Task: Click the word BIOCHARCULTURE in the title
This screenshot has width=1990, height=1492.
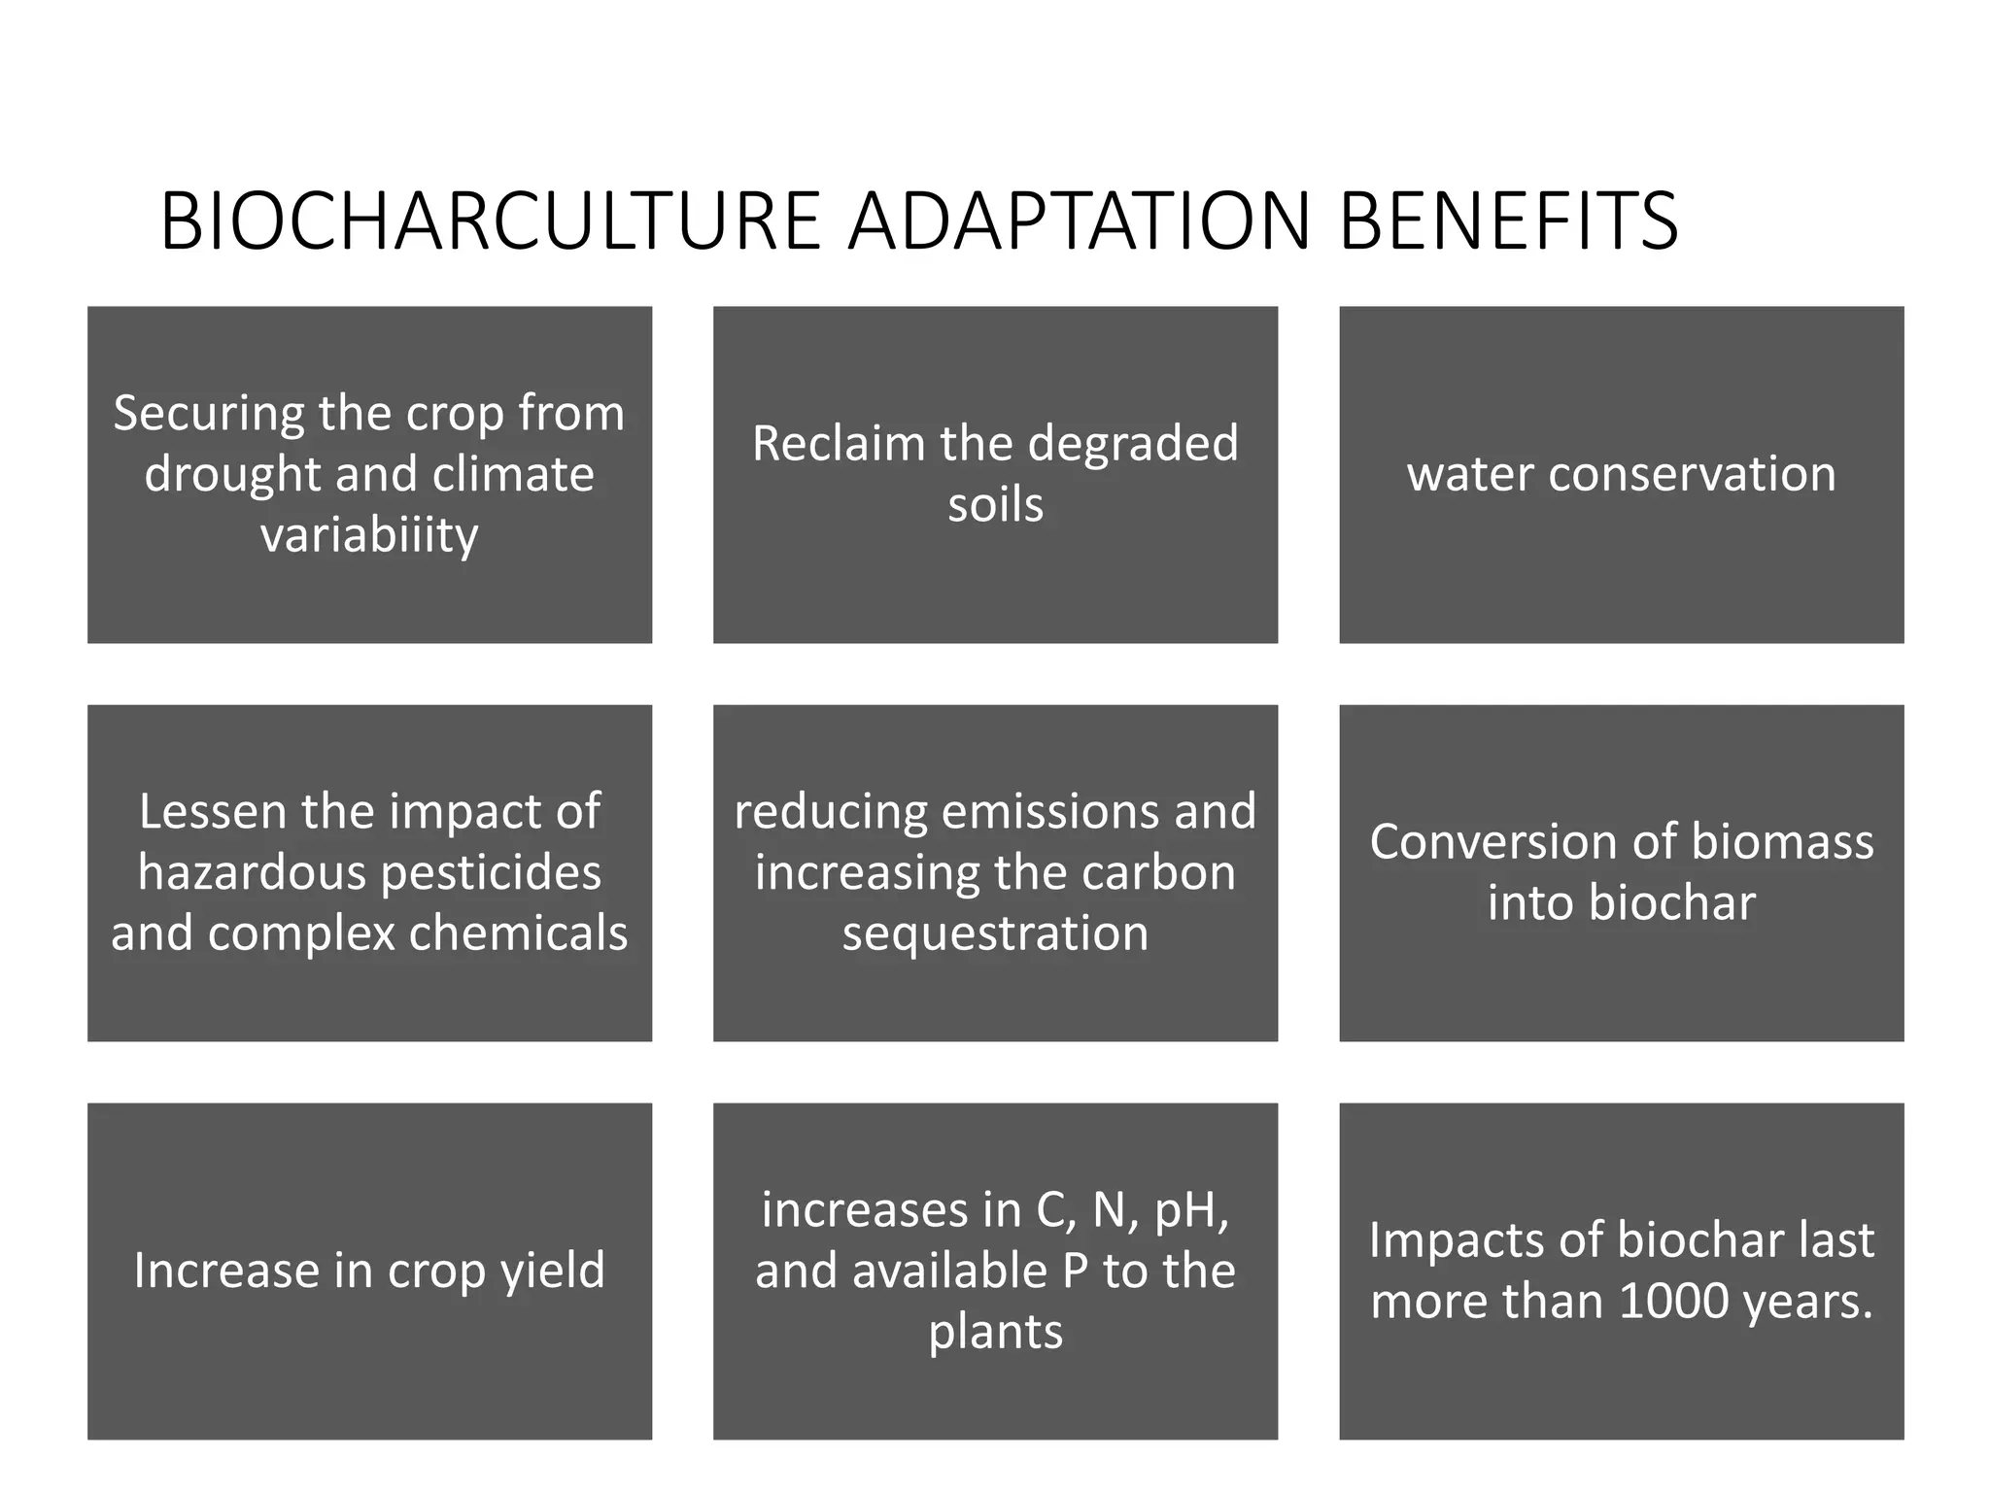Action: pyautogui.click(x=491, y=221)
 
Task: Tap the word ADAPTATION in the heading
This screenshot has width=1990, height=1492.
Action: pyautogui.click(x=1080, y=221)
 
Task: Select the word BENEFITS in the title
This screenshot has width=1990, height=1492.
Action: pyautogui.click(x=1508, y=221)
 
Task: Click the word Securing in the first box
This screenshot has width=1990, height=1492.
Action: pyautogui.click(x=209, y=414)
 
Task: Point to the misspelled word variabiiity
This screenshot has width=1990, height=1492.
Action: pyautogui.click(x=369, y=534)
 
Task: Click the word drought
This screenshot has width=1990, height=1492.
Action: pyautogui.click(x=232, y=474)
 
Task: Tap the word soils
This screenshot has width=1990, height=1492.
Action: pyautogui.click(x=995, y=505)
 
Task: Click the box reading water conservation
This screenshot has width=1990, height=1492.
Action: pyautogui.click(x=1621, y=475)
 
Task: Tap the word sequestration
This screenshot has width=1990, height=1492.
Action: pyautogui.click(x=995, y=933)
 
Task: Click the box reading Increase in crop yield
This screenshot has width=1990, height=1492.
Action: pyautogui.click(x=369, y=1271)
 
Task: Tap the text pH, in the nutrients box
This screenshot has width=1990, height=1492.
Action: pyautogui.click(x=1191, y=1210)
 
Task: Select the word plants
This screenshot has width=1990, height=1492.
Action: pyautogui.click(x=995, y=1332)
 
